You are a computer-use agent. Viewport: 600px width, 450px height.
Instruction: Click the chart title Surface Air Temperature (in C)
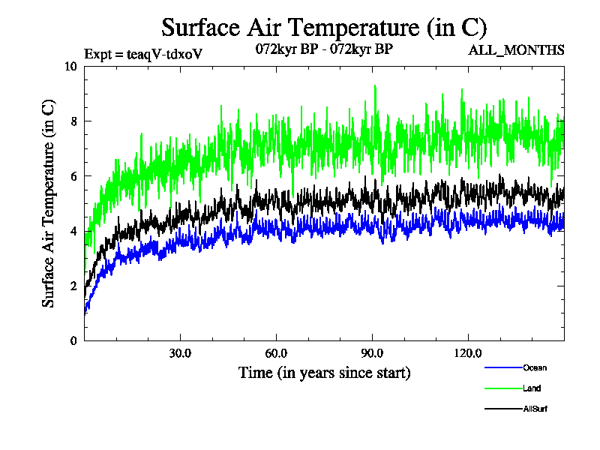pos(325,28)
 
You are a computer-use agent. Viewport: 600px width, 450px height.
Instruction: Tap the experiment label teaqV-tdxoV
pos(143,54)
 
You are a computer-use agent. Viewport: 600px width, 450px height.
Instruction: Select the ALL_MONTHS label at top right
pos(516,50)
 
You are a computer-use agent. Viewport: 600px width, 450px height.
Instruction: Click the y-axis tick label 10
pos(71,66)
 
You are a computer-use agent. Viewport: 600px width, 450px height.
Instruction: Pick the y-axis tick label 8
pos(73,121)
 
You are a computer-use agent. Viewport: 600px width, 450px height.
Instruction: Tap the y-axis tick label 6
pos(73,176)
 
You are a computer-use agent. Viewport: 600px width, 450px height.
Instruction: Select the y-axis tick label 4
pos(73,231)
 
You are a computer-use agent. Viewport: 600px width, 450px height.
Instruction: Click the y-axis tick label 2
pos(73,286)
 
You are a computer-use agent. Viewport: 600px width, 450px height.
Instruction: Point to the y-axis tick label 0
pos(73,340)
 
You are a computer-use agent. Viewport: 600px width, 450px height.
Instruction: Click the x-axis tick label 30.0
pos(180,353)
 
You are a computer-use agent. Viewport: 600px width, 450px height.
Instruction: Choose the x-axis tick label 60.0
pos(276,353)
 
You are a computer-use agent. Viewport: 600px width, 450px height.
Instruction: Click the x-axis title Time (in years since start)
pos(324,373)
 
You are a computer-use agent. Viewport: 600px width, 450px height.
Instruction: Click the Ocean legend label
pos(535,367)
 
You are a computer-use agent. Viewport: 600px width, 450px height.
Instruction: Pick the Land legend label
pos(532,388)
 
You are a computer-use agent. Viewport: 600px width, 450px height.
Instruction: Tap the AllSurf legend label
pos(535,409)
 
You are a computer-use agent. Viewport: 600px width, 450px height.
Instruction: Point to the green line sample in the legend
pos(503,388)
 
